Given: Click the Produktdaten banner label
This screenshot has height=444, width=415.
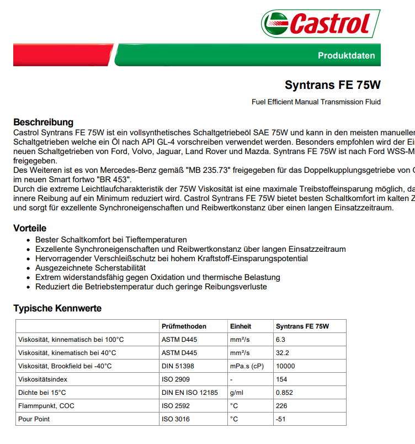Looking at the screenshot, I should (346, 56).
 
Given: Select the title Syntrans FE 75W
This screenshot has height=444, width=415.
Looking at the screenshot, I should (332, 85).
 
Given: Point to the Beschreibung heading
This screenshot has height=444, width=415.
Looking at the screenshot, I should (43, 122).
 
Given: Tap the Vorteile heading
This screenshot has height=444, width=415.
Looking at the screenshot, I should (30, 228).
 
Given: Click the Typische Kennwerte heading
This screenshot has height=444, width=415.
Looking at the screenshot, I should (57, 308).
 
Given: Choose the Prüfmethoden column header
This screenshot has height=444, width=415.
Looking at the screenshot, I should (184, 326).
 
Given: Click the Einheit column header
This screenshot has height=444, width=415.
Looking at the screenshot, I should (241, 326).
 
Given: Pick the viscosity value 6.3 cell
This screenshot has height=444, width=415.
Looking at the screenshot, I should (280, 340).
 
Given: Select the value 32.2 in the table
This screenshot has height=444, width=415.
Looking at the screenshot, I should (283, 353).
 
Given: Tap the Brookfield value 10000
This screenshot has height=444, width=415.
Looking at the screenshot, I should (285, 366).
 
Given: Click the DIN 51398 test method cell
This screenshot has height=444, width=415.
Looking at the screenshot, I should (177, 366).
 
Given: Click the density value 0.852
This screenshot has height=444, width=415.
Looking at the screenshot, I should (284, 393).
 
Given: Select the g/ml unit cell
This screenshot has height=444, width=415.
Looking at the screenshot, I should (236, 393).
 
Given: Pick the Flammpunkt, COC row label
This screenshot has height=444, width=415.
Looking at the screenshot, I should (46, 406).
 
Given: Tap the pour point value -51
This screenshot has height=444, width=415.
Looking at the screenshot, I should (281, 419).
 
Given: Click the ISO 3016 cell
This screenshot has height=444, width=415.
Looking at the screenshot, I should (175, 419).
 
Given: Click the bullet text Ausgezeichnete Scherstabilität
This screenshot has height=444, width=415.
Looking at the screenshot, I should (91, 268).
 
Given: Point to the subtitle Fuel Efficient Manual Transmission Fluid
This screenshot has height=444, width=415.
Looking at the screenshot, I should (316, 102).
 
